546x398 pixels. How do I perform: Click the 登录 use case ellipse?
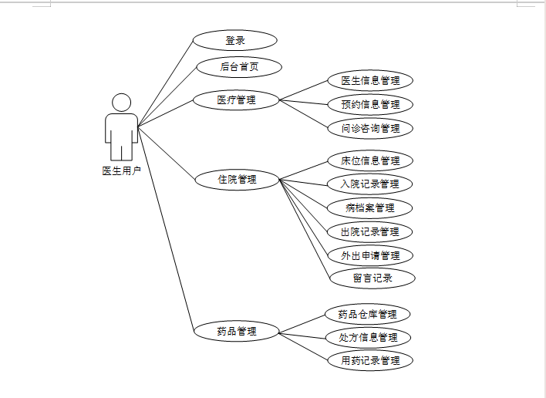[x=234, y=40]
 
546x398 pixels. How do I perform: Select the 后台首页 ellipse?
[x=239, y=67]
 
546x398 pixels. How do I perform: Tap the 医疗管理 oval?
[x=236, y=99]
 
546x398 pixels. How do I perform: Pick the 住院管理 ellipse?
[x=236, y=180]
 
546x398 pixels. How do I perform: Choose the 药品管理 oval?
[x=236, y=332]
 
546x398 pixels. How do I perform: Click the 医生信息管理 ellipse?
[x=370, y=80]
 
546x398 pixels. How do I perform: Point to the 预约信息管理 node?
[x=370, y=104]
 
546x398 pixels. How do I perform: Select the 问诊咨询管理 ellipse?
[x=370, y=128]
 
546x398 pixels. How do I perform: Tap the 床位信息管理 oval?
[x=370, y=160]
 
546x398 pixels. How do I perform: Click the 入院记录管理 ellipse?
[x=370, y=184]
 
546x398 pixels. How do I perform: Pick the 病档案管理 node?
[x=370, y=208]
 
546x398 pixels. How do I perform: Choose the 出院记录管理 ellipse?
[x=370, y=231]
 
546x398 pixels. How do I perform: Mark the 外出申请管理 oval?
[x=370, y=255]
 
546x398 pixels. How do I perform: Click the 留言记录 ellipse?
[x=372, y=278]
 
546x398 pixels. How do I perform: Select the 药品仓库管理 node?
[x=367, y=314]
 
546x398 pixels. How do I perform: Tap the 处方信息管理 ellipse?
[x=367, y=337]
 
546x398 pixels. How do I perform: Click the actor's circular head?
[x=122, y=103]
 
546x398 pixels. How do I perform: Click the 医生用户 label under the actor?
[x=122, y=171]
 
